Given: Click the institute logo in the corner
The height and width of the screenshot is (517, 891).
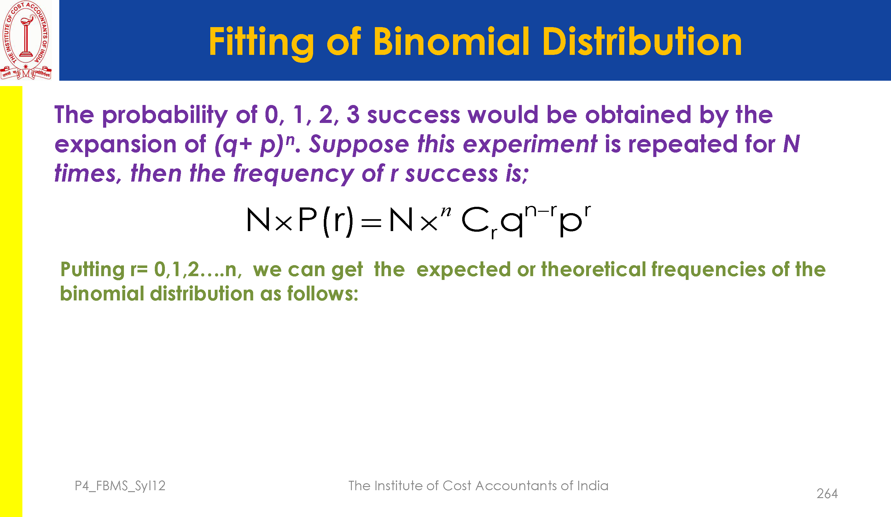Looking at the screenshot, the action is point(26,40).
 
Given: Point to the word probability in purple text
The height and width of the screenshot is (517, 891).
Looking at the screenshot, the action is point(165,115).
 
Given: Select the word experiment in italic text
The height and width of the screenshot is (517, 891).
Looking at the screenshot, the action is point(530,145).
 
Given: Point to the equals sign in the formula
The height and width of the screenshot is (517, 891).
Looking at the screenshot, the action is point(371,223).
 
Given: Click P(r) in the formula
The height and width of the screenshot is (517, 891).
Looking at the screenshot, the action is point(326,221).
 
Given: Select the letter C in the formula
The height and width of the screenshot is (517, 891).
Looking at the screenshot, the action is point(475,220).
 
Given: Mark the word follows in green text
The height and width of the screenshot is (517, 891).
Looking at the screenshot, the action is point(323,293).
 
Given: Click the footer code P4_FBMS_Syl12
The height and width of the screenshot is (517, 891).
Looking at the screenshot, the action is point(120,486).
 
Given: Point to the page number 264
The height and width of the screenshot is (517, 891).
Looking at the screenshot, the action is point(827,494).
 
